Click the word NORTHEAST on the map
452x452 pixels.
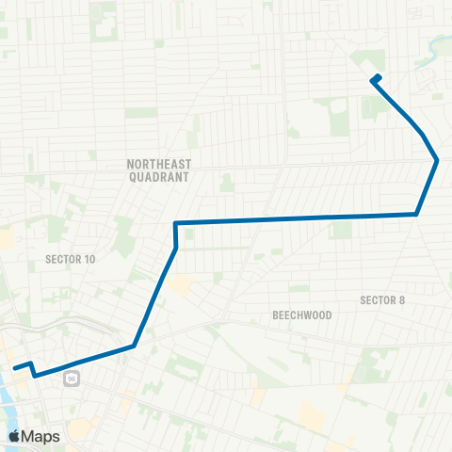[159, 164]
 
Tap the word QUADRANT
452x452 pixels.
[159, 176]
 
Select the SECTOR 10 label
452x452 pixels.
[71, 258]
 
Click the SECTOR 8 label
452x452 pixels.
[382, 300]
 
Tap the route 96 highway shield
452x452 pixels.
[72, 379]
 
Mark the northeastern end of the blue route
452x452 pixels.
[378, 76]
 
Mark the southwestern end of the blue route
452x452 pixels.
[14, 366]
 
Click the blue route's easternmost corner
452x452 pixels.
[437, 160]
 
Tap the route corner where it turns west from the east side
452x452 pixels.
[416, 215]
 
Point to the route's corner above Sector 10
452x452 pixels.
[176, 223]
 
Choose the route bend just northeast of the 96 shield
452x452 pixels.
[134, 346]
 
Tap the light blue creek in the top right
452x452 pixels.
[435, 42]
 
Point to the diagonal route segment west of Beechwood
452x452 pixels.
[155, 297]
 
